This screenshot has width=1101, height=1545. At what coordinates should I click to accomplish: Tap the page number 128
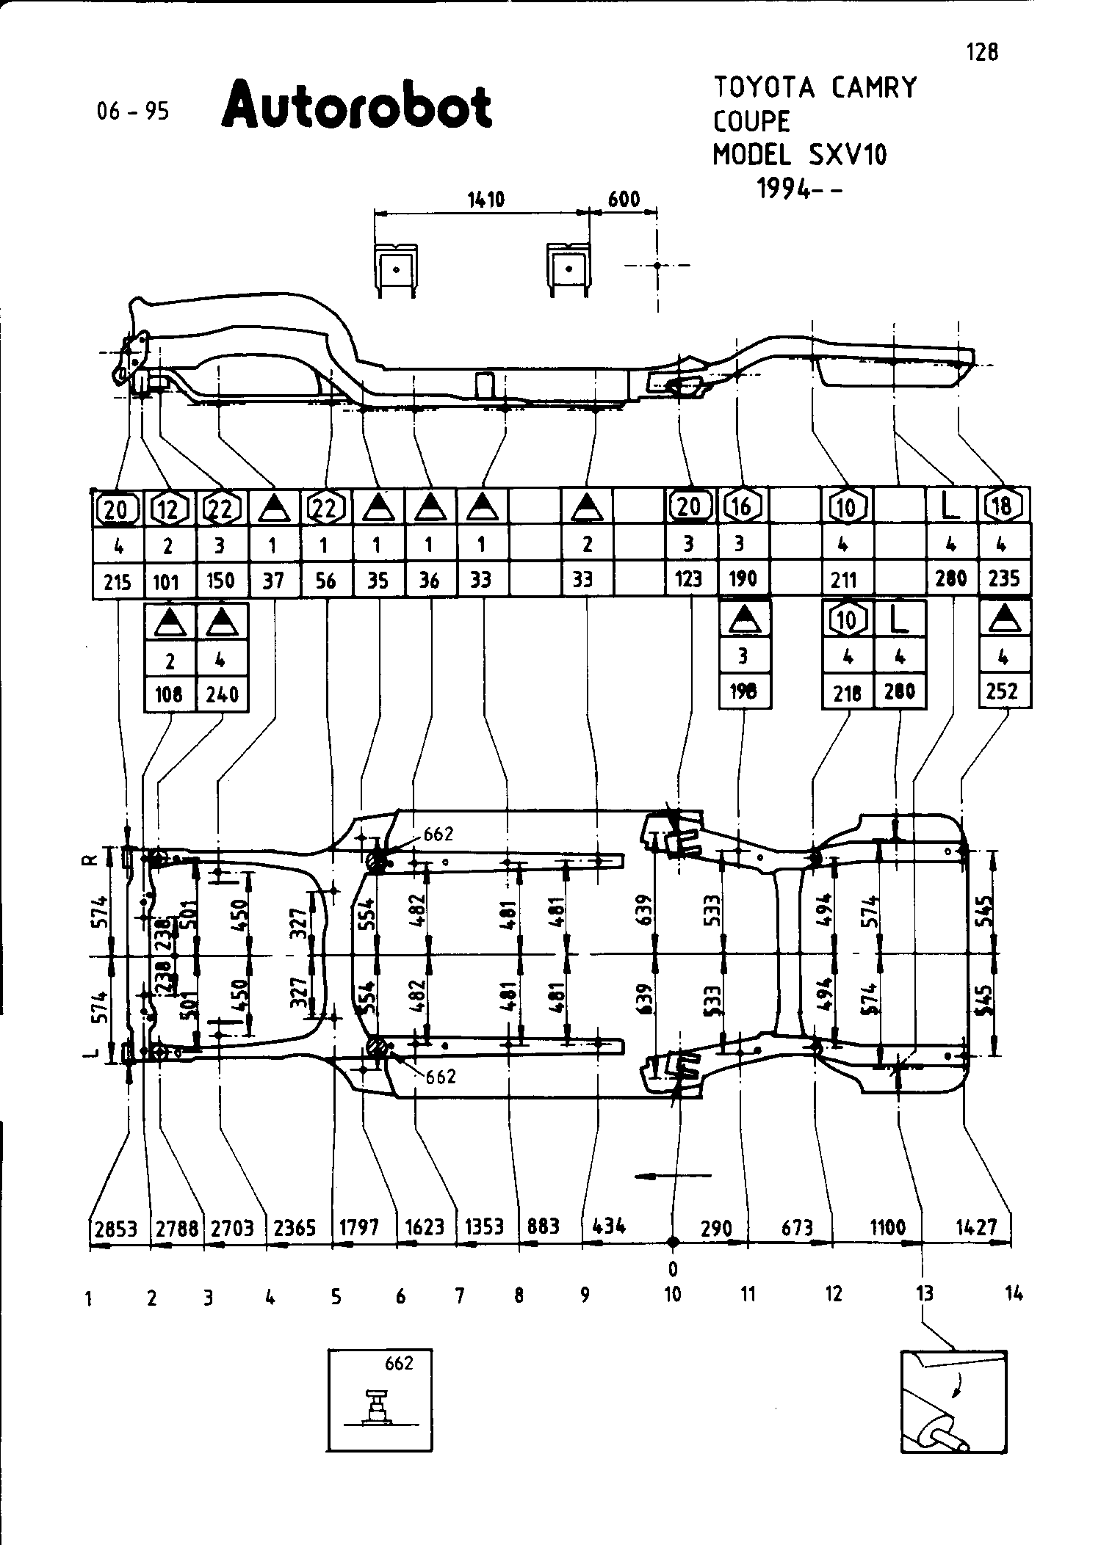click(x=983, y=52)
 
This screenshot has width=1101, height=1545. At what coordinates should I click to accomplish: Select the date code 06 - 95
click(x=133, y=111)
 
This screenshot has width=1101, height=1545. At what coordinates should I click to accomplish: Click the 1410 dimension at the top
click(x=486, y=199)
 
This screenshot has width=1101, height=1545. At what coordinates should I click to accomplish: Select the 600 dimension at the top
click(x=624, y=199)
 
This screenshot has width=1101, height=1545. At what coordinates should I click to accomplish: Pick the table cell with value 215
click(x=118, y=582)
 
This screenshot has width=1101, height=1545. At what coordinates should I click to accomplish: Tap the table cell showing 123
click(x=689, y=580)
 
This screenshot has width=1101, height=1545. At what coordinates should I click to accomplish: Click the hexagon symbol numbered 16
click(x=743, y=506)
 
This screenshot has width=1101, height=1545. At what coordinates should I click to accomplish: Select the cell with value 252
click(x=1004, y=692)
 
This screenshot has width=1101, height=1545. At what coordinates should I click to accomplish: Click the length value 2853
click(x=116, y=1228)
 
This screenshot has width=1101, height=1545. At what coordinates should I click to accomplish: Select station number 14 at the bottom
click(x=1014, y=1294)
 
